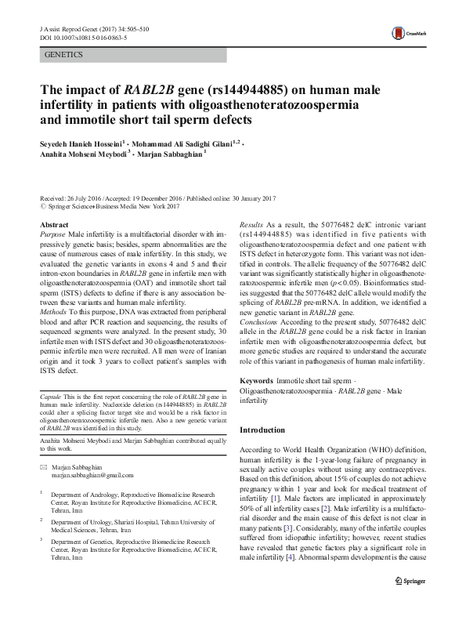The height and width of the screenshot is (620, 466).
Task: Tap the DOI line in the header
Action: [x=79, y=36]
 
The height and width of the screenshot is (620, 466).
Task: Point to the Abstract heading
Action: [x=54, y=224]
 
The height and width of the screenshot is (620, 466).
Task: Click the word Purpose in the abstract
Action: [x=52, y=234]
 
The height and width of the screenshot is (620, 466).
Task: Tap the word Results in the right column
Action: [x=251, y=224]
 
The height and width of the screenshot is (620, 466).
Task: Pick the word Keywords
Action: [x=257, y=379]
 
